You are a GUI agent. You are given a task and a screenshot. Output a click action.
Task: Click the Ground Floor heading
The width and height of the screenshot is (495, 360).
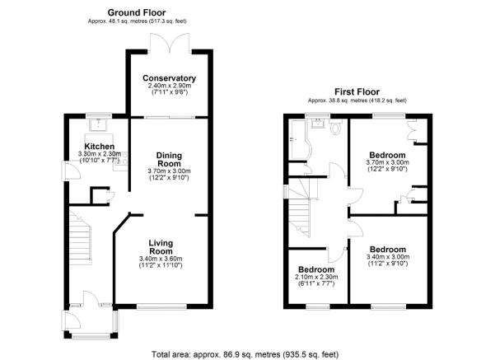[137, 12]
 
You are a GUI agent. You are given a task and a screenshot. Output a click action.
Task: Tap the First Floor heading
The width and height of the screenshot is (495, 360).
[357, 92]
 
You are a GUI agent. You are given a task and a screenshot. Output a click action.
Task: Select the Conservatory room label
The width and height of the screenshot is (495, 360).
[169, 78]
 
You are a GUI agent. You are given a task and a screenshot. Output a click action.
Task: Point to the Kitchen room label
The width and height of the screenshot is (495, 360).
[100, 147]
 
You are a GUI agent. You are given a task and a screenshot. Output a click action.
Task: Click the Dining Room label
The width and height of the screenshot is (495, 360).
[169, 160]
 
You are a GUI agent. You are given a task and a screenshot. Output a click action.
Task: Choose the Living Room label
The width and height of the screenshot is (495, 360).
[161, 247]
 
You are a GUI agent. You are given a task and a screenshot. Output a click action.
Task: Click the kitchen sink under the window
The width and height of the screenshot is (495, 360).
[99, 124]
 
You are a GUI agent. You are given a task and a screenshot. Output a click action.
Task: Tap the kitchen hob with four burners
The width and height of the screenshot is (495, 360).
[122, 158]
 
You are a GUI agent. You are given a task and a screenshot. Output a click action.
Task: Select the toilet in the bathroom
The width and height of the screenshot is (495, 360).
[335, 127]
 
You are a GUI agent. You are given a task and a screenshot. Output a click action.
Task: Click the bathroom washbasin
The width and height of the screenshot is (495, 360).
[318, 124]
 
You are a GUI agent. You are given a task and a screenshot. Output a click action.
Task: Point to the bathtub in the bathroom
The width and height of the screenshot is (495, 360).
[300, 139]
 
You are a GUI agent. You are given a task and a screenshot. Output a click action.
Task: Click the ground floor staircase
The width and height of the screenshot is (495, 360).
[80, 237]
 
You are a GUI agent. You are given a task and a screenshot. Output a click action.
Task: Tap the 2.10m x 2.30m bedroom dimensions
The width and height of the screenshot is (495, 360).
[316, 277]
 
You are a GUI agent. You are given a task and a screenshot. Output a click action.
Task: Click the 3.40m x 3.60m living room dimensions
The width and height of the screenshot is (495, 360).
[161, 259]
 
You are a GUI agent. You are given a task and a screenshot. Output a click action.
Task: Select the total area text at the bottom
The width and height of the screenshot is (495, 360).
[245, 354]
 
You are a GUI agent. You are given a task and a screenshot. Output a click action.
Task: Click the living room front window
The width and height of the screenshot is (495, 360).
[161, 306]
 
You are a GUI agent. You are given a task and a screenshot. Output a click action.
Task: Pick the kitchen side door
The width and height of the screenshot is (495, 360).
[71, 171]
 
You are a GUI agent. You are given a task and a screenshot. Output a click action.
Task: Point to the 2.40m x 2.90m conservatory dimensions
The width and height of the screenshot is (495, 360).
[170, 86]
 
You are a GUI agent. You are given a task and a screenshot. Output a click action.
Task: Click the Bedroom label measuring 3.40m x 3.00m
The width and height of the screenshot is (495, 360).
[388, 250]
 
